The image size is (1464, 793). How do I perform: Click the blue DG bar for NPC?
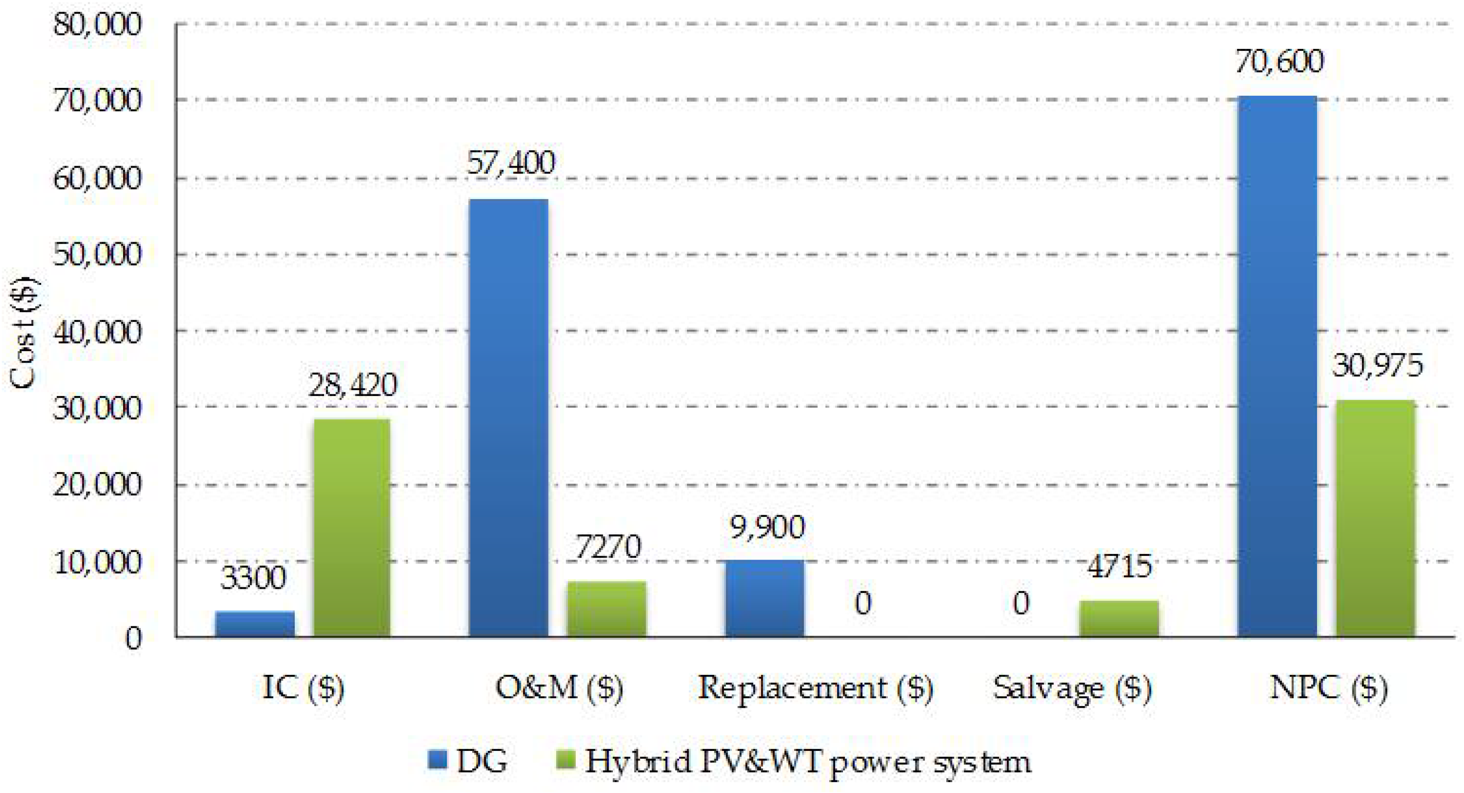[x=1276, y=367]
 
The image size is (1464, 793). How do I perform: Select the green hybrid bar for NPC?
[x=1375, y=518]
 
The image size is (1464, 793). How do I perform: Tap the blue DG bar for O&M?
[x=508, y=418]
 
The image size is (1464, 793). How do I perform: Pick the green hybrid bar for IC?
[x=352, y=527]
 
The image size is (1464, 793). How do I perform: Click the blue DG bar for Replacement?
[x=765, y=598]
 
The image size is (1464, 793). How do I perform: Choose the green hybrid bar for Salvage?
[x=1118, y=619]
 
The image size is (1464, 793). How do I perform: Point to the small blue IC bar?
[x=255, y=624]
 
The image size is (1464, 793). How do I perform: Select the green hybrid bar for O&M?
[x=607, y=609]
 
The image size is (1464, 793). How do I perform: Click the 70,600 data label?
[x=1279, y=61]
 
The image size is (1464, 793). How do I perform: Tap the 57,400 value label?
[x=510, y=163]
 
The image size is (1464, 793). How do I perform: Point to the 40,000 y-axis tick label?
[x=97, y=331]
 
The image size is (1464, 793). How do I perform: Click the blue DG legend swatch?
[x=438, y=760]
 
